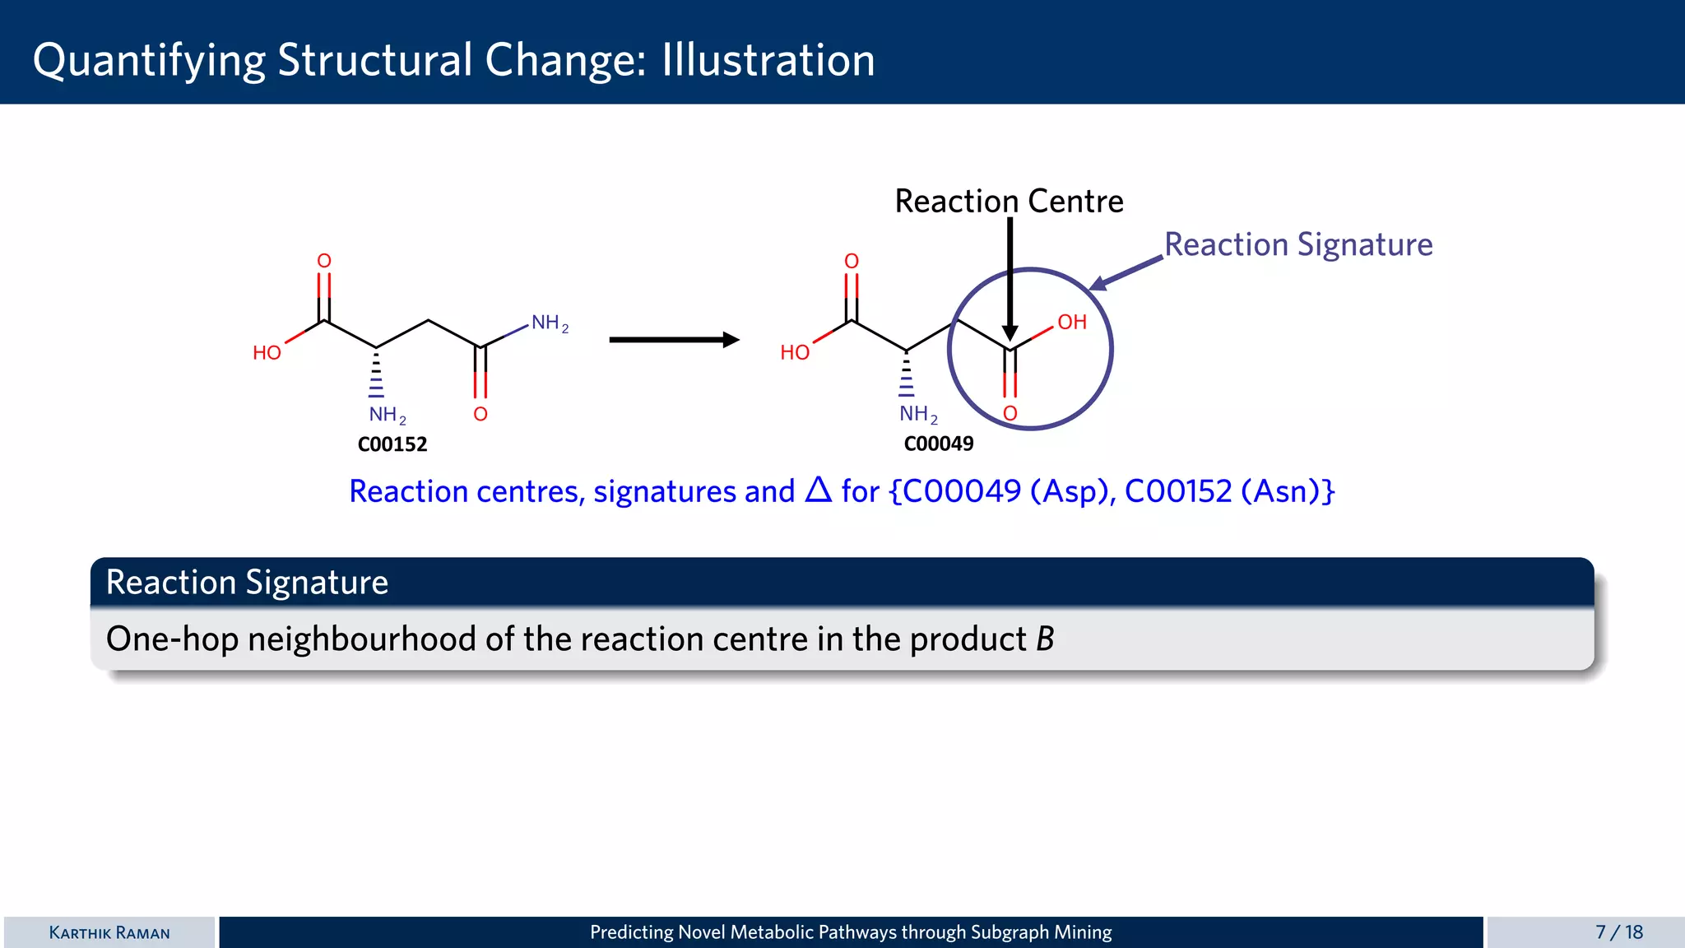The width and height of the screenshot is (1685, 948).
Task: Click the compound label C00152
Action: [392, 444]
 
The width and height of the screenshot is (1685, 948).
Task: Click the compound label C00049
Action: [938, 444]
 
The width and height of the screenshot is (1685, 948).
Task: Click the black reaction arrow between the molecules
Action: [673, 340]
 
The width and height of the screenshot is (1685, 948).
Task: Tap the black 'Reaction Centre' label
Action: [1009, 201]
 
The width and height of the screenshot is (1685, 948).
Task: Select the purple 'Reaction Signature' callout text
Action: [1298, 244]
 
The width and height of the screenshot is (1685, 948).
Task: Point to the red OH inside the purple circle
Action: [1071, 322]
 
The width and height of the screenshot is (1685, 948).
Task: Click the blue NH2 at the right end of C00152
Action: [549, 323]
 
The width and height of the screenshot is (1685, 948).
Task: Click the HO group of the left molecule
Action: [267, 353]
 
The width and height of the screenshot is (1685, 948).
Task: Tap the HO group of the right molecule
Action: [794, 353]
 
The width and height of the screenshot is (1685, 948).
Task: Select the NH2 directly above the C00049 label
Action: [917, 414]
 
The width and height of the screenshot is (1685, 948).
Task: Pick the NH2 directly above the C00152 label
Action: [387, 415]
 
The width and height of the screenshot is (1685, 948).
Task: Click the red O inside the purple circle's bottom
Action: [1010, 413]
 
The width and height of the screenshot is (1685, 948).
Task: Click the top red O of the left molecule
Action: [324, 261]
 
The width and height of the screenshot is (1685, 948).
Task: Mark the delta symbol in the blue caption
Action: [818, 490]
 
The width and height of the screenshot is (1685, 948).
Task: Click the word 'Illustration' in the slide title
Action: [768, 60]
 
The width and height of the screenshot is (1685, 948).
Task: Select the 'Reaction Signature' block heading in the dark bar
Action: [247, 583]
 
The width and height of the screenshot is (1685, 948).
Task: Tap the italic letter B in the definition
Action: [1045, 639]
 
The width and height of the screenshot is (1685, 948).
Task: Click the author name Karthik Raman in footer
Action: [109, 932]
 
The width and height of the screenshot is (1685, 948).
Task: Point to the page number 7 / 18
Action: [1618, 932]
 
